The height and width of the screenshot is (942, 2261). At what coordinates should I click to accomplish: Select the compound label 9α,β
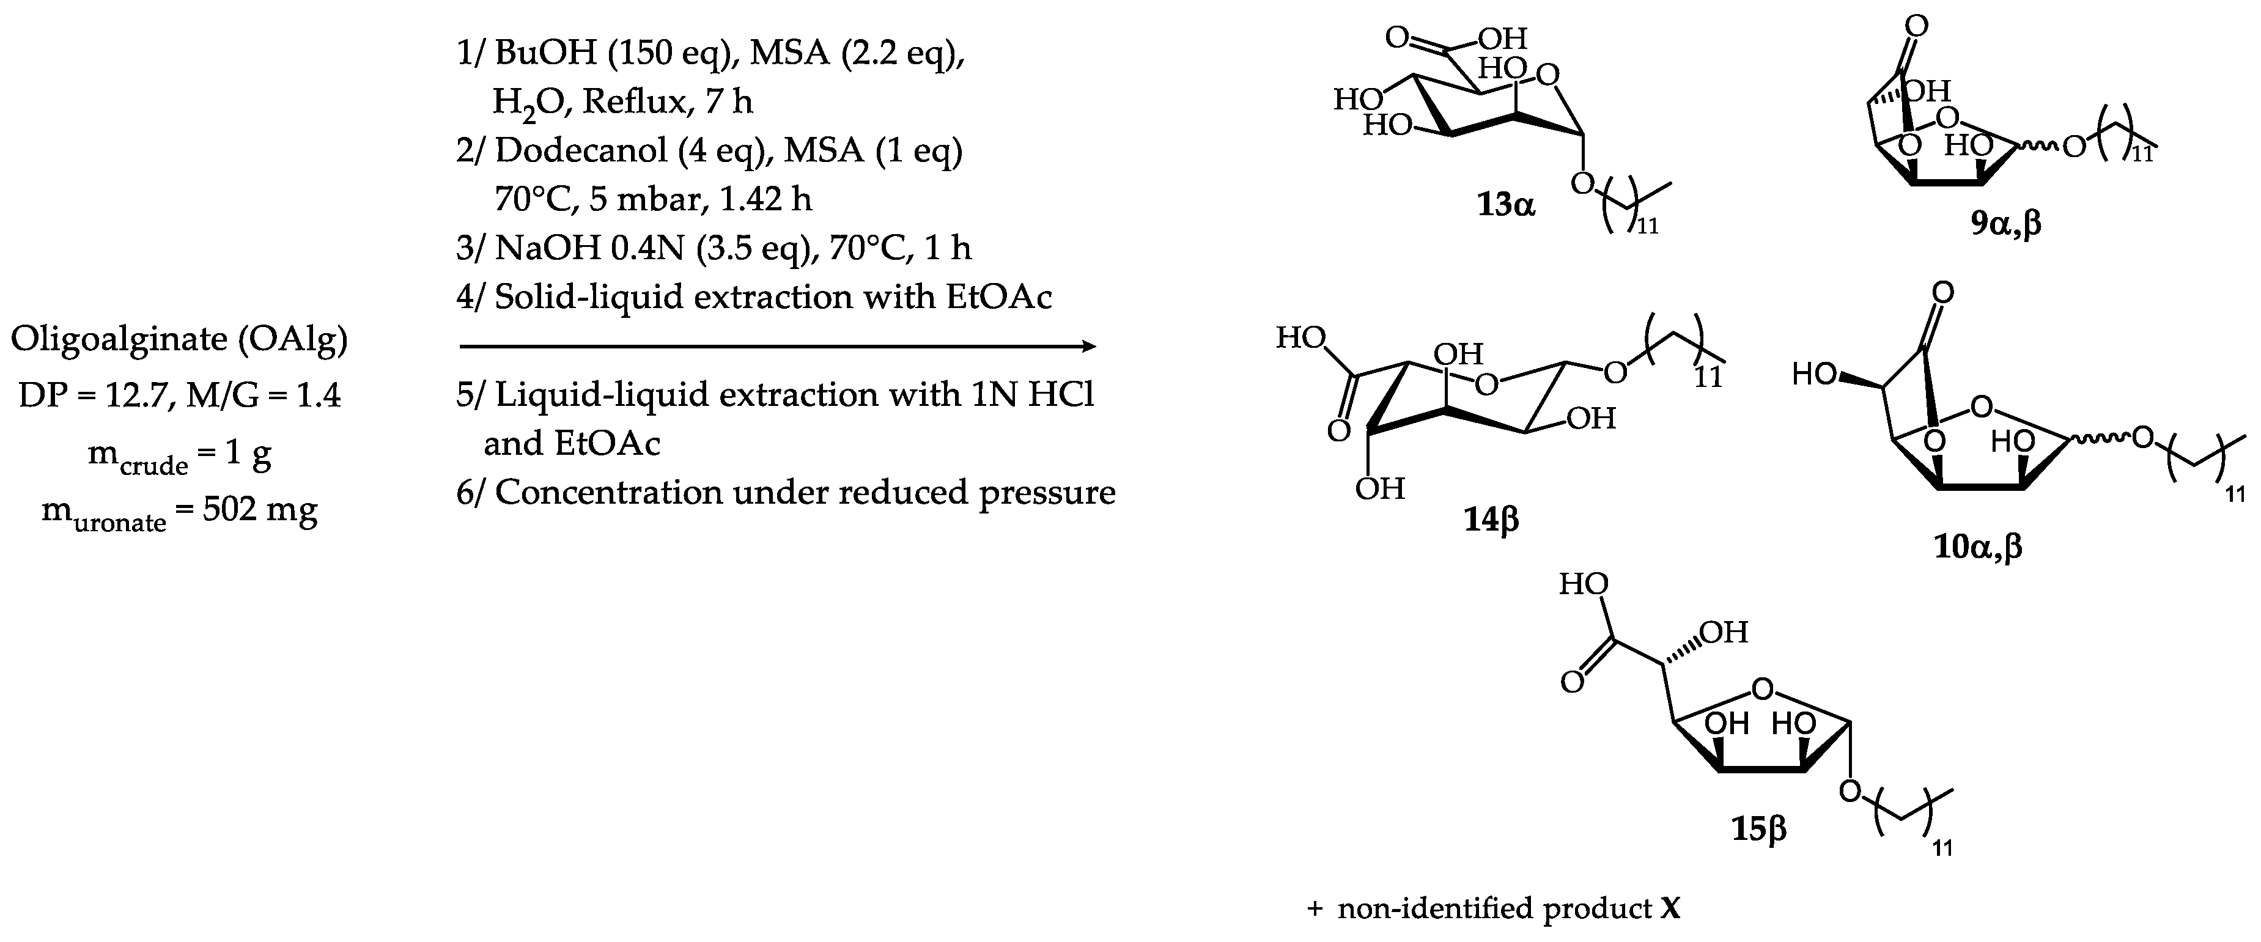tap(2005, 225)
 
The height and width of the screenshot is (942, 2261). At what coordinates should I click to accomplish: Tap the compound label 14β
tap(1491, 521)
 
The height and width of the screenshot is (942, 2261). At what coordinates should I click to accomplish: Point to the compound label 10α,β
tap(1979, 548)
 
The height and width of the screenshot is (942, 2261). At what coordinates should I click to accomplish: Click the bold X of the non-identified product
tap(1671, 908)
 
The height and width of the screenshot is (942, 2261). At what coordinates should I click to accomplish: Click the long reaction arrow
tap(776, 346)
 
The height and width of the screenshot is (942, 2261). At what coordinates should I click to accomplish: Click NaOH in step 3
tap(539, 248)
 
